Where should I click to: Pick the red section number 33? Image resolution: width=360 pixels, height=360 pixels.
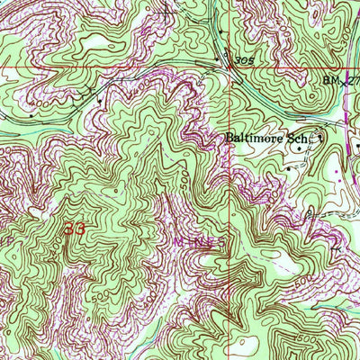click(x=75, y=230)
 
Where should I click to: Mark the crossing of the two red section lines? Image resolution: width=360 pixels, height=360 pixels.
click(x=227, y=68)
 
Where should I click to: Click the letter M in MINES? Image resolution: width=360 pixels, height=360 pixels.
click(x=176, y=242)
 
